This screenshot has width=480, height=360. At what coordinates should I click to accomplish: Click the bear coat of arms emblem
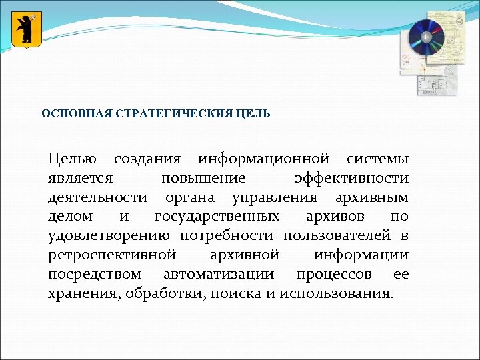pos(27,30)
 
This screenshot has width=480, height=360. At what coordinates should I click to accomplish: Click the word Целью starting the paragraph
pos(73,159)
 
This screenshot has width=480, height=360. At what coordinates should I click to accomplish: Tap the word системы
pos(377,159)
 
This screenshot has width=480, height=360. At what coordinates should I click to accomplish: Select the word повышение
pos(203,179)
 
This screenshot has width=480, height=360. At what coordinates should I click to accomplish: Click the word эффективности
pos(351,179)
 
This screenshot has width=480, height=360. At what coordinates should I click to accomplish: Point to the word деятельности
pos(98,197)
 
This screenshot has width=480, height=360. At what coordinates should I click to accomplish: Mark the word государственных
pos(217,217)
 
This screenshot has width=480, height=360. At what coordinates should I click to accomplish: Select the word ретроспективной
pos(112,255)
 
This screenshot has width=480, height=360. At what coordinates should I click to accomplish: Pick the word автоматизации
pos(218,274)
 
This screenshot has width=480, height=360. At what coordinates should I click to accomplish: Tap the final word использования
pos(337,293)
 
